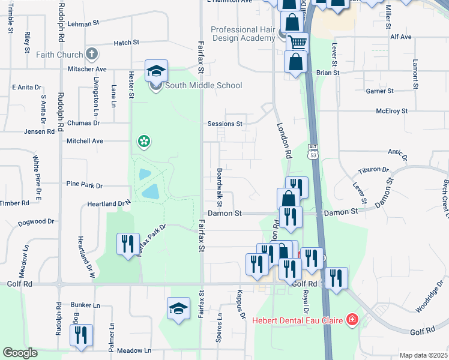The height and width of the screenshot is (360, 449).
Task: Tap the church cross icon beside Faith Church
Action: (92, 55)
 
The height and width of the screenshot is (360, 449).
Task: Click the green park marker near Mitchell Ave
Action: (144, 142)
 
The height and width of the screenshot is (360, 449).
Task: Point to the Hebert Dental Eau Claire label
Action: (298, 320)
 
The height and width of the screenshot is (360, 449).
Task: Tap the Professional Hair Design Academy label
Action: (243, 34)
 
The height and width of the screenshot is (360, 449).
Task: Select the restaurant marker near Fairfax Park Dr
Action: (127, 244)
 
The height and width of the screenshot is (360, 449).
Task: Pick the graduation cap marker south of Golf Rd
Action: (178, 308)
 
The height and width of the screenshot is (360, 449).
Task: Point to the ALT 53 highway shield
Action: (313, 151)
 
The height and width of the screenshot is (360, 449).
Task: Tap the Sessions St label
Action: (224, 124)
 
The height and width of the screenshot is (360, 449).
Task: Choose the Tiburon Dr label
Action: (373, 170)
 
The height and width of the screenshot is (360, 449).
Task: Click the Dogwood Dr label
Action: (36, 221)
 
